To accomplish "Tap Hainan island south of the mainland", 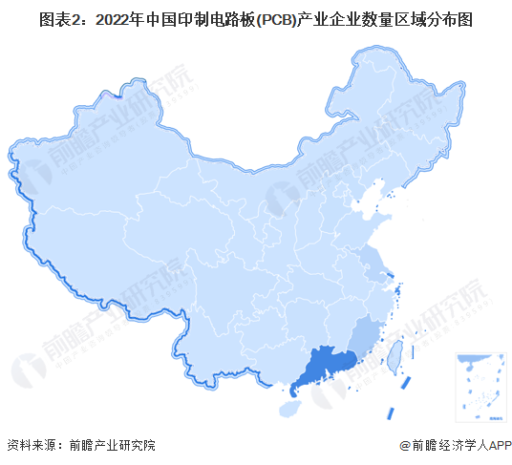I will pos(289,409).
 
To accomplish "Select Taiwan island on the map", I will pos(391,354).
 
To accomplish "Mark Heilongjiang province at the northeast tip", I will pos(401,95).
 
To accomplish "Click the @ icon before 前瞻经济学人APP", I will pos(403,445).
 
